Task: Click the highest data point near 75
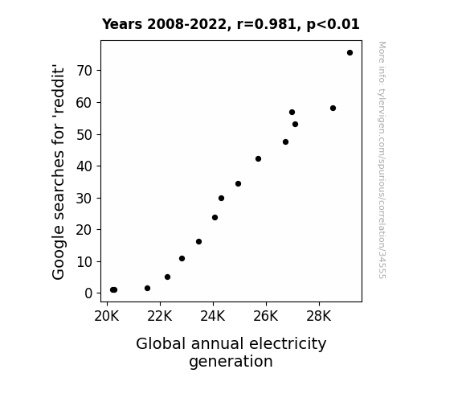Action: point(350,53)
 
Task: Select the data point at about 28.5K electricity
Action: point(333,109)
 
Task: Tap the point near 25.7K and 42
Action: point(258,159)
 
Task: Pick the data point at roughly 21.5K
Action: point(147,288)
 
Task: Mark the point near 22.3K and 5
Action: point(167,277)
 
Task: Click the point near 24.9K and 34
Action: point(238,184)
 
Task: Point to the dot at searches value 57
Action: point(292,113)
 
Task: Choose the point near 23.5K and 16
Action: point(199,241)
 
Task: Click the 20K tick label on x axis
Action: point(107,316)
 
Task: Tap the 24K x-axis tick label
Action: point(213,316)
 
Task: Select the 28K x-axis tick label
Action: point(319,316)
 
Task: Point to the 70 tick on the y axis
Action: point(84,71)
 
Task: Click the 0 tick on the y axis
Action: point(88,293)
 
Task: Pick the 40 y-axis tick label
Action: point(84,166)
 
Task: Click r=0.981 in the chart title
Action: point(267,24)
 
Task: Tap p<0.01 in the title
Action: point(333,25)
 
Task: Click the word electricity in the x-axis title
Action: point(288,344)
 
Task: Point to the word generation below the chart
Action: point(231,362)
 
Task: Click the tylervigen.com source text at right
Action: point(382,160)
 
